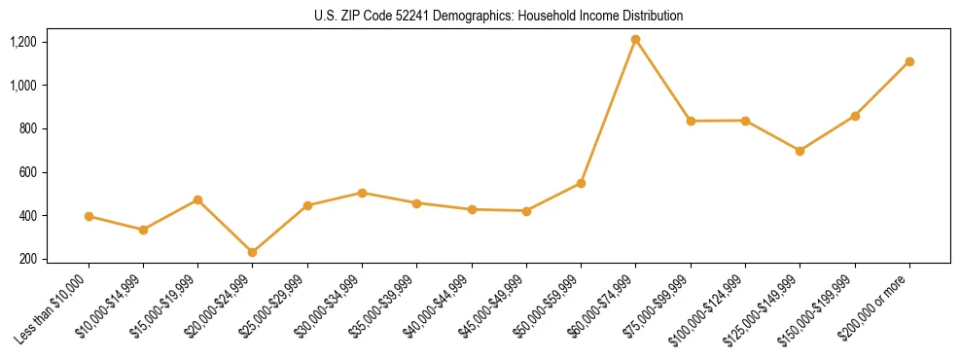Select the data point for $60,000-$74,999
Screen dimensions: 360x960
(636, 40)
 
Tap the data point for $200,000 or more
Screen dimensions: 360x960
(909, 61)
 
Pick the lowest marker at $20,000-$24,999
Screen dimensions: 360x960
(253, 252)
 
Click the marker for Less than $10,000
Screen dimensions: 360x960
(89, 216)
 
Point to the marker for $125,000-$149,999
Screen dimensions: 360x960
(800, 151)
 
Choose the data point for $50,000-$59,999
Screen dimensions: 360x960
(581, 183)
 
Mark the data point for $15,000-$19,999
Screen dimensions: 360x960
(197, 199)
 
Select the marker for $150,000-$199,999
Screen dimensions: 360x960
(855, 116)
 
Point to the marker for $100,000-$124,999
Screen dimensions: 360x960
(745, 121)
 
